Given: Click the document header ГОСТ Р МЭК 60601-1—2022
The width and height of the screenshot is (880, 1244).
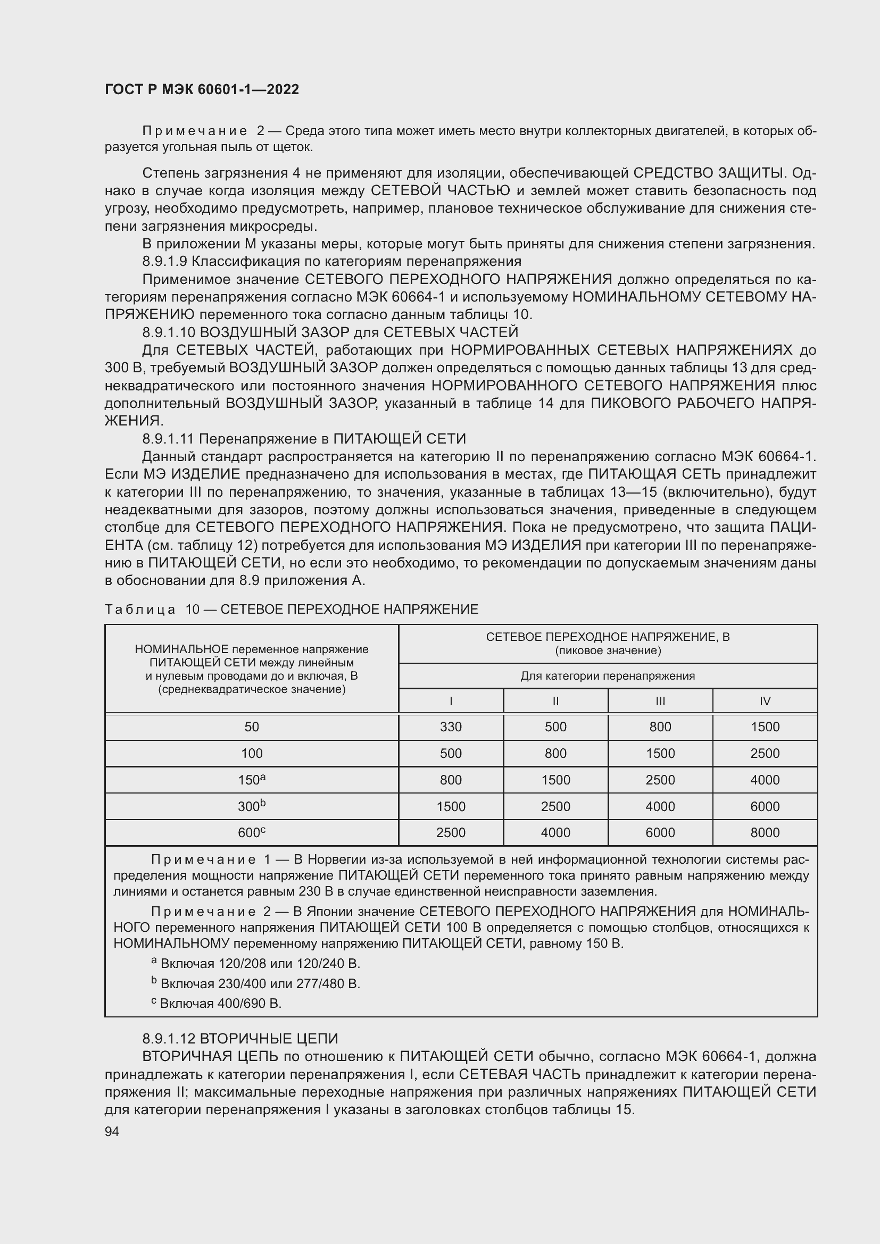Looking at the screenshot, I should (x=202, y=90).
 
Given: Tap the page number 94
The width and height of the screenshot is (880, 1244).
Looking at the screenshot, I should (x=112, y=1131).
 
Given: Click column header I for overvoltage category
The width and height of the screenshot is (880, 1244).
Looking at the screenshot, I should (x=450, y=701).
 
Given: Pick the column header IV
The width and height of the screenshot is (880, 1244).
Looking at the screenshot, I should (x=765, y=701).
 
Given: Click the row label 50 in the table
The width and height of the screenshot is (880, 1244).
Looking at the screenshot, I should (x=252, y=727).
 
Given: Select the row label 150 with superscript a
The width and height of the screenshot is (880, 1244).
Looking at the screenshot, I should (x=252, y=780).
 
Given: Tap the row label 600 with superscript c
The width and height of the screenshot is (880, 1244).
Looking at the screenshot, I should (x=252, y=833).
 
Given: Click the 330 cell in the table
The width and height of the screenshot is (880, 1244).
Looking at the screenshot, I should (x=450, y=727).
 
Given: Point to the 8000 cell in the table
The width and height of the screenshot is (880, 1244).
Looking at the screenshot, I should (x=765, y=833).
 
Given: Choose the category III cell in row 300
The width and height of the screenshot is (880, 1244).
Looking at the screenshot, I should (x=660, y=807).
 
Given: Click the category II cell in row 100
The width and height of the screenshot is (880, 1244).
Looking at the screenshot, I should (x=555, y=754).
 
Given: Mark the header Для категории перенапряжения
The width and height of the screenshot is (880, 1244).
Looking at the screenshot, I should (x=608, y=676).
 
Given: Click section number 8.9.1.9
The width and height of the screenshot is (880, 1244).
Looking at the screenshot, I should (x=164, y=262).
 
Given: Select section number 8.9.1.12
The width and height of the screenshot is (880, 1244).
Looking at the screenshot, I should (x=169, y=1039).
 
